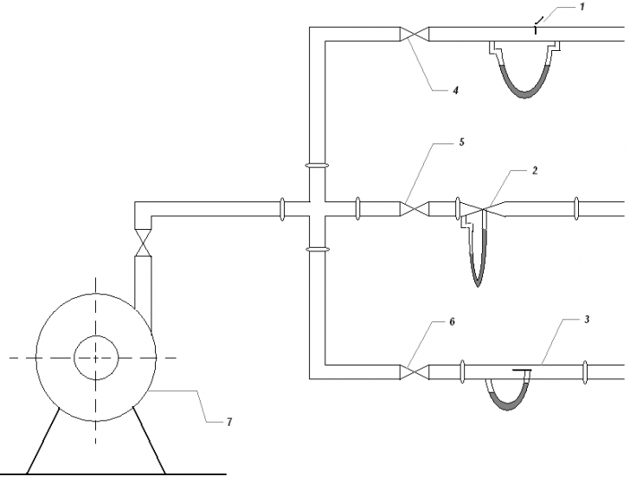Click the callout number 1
pos(582,7)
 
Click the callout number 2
pos(535,170)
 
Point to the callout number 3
pos(587,320)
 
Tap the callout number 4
pos(455,91)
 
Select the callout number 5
pos(461,142)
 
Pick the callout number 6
pos(452,321)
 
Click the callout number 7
pos(229,422)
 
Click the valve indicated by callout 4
pos(415,34)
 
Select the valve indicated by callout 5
pos(415,208)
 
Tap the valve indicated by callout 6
pos(415,372)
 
